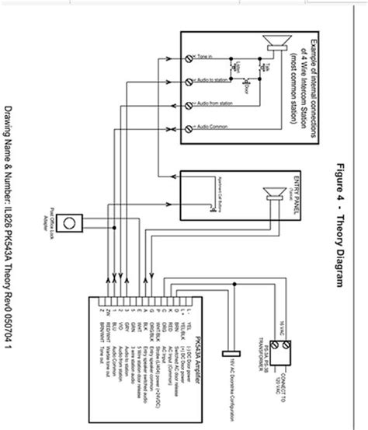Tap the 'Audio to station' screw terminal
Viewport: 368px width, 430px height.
[x=189, y=81]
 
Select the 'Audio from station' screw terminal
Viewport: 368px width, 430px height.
[x=189, y=104]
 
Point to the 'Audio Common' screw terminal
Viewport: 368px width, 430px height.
[x=189, y=127]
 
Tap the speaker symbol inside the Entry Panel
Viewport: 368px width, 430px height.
[x=273, y=194]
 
